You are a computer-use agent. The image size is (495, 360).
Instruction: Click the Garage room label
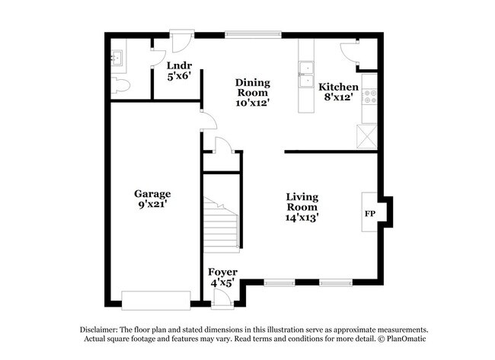(152, 193)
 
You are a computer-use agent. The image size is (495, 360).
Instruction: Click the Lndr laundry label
(179, 65)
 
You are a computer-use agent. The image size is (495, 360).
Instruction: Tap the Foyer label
(222, 272)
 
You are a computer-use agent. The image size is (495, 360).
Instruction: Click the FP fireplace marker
(371, 214)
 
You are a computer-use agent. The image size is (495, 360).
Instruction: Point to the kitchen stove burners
(370, 97)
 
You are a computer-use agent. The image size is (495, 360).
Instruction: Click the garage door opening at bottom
(154, 299)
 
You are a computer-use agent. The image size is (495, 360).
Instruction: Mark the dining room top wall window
(252, 33)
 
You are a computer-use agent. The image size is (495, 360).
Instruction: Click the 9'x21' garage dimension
(152, 204)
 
